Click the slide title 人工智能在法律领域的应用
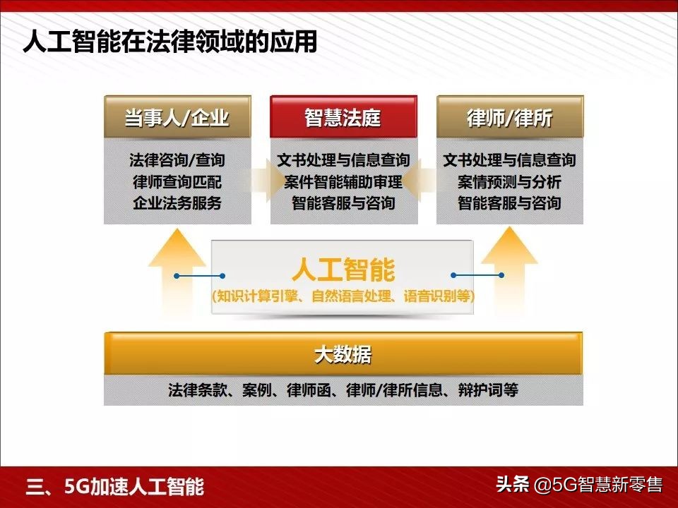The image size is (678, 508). click(169, 41)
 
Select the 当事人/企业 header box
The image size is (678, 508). click(177, 117)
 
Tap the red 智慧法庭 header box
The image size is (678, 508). click(343, 117)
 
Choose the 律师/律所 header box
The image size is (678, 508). click(509, 117)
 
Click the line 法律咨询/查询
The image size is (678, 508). click(177, 160)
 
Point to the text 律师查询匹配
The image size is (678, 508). click(177, 182)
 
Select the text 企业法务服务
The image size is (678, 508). click(177, 204)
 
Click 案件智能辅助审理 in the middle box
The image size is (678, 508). click(343, 182)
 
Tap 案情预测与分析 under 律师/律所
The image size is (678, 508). click(509, 182)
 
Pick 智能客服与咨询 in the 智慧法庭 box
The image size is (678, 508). click(343, 204)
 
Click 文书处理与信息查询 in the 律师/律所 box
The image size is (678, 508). click(509, 160)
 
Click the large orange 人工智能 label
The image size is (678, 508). click(343, 270)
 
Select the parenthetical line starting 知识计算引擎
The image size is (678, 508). click(343, 296)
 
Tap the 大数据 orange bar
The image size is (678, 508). click(343, 355)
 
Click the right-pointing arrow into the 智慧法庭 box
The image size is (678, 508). click(263, 181)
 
